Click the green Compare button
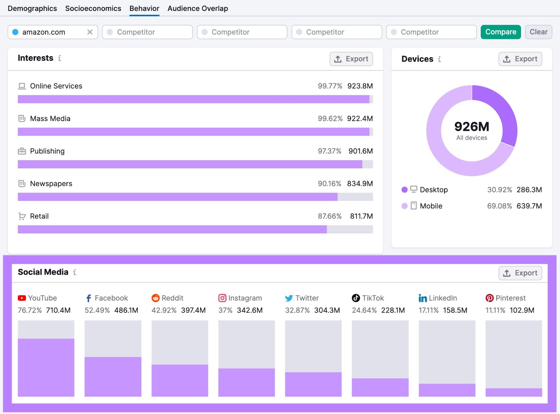pos(500,32)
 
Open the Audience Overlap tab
pos(197,8)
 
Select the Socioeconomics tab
pos(93,8)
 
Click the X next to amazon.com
pos(90,32)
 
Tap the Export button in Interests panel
pos(351,59)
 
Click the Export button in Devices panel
pos(520,59)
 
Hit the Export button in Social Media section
pos(520,273)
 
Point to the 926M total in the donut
pos(471,126)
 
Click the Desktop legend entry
pos(433,190)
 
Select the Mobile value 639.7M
pos(529,206)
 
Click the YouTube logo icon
pos(22,298)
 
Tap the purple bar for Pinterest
pos(513,392)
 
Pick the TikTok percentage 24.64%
pos(364,310)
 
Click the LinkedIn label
pos(442,298)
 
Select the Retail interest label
pos(39,216)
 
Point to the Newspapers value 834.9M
pos(360,184)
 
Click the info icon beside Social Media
pos(75,272)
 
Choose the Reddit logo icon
pos(155,298)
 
